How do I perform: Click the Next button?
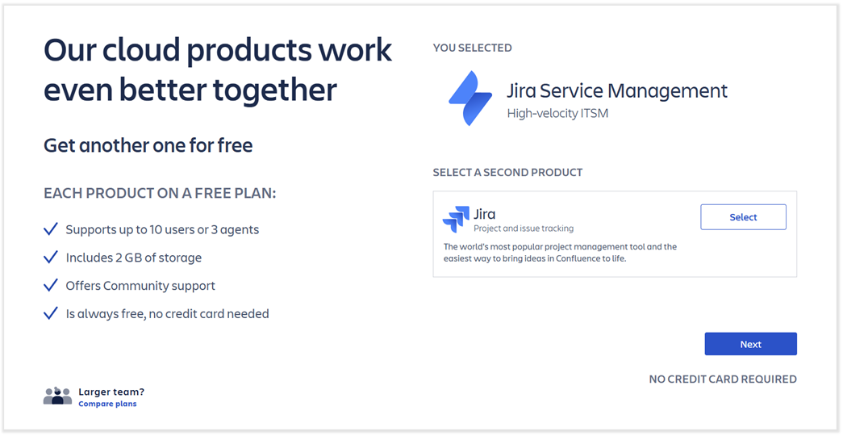[x=750, y=344]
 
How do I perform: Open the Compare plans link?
[x=107, y=404]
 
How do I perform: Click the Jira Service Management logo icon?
[x=470, y=99]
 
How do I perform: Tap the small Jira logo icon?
[x=456, y=220]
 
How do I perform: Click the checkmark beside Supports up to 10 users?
[x=51, y=229]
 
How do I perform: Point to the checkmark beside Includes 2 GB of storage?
[x=51, y=258]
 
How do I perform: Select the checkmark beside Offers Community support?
[x=51, y=285]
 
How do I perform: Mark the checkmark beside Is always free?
[x=51, y=313]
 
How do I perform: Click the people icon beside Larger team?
[x=57, y=396]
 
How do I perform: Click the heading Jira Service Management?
[x=616, y=90]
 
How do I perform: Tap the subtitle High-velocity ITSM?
[x=557, y=113]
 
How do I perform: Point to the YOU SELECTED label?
[x=472, y=48]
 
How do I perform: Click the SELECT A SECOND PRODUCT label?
[x=507, y=172]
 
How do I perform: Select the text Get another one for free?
[x=148, y=145]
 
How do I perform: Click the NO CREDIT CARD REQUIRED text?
[x=722, y=379]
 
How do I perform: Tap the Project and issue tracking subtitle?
[x=523, y=228]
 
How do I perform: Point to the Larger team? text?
[x=111, y=392]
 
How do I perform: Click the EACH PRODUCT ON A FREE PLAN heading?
[x=160, y=194]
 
